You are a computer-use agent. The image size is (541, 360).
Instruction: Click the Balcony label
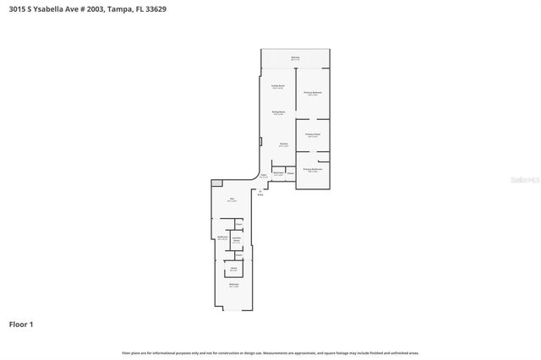pos(295,58)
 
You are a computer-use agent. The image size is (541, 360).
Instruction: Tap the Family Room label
pos(277,87)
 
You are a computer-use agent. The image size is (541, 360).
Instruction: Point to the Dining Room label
pos(277,113)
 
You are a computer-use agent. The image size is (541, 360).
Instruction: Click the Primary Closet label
pos(313,135)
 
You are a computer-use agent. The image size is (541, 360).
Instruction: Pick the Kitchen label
pos(284,145)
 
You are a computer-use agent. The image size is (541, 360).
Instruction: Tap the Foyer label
pos(264,176)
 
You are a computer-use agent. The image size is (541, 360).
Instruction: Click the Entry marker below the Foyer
pos(260,194)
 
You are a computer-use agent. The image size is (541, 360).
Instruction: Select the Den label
pos(232,200)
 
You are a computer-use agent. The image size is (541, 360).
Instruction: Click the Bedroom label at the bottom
pos(233,286)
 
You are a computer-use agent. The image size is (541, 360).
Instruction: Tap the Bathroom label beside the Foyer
pos(278,174)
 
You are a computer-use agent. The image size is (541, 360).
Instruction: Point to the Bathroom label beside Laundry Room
pos(223,238)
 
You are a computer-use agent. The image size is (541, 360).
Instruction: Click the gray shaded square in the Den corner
pos(216,183)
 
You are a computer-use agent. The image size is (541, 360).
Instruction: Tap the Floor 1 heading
pos(21,324)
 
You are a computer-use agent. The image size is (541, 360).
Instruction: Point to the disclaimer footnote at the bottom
pos(270,352)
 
